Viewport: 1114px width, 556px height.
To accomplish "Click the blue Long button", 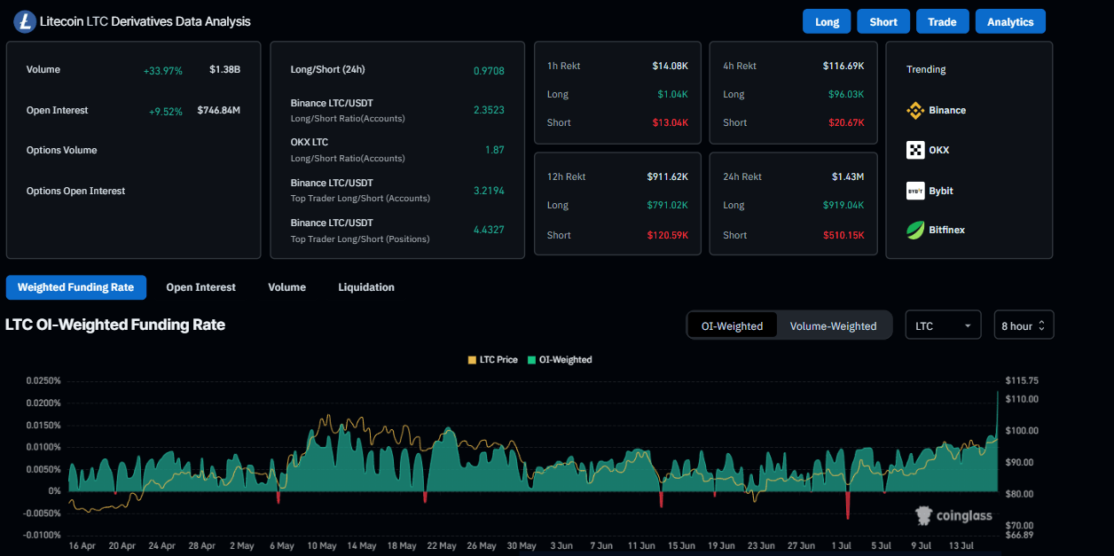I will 827,21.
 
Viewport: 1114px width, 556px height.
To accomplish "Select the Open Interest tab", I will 200,287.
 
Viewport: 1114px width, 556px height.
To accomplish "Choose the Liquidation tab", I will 366,287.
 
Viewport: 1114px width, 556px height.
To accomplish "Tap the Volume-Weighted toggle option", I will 833,325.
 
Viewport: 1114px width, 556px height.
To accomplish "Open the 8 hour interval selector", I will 1024,325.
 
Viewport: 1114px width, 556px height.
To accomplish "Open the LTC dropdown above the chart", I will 943,325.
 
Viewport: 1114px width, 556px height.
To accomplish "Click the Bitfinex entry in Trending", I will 946,231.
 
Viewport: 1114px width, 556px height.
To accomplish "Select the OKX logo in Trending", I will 915,150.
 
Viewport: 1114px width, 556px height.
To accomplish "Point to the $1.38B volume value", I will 224,69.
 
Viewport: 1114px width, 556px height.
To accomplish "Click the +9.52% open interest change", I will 165,111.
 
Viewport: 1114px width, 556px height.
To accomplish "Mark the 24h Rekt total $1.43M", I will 848,176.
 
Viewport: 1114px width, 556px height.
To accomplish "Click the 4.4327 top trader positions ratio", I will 489,230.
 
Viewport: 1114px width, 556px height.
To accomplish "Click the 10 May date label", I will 322,545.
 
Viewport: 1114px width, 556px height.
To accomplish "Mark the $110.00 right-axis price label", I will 1022,399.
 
